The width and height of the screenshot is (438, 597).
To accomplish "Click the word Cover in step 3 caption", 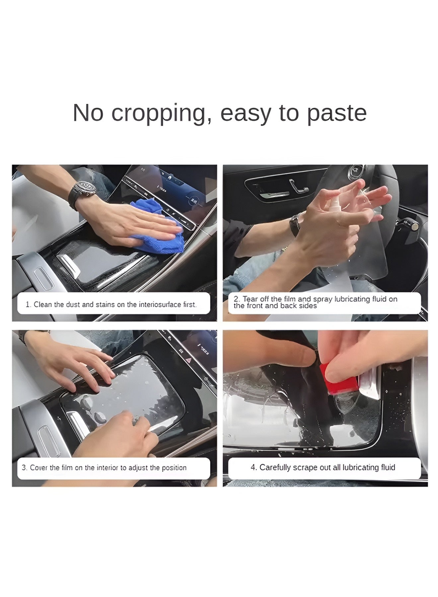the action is click(x=39, y=468).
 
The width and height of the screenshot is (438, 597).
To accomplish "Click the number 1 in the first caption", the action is click(x=28, y=304).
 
